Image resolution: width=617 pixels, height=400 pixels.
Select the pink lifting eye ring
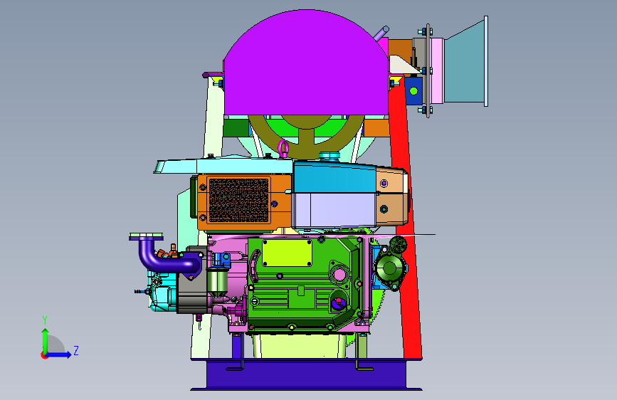(283, 148)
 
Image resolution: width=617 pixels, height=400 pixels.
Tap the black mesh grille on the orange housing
(239, 200)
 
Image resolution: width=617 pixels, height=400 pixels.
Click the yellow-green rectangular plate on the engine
(287, 253)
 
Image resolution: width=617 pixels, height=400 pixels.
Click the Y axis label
(45, 320)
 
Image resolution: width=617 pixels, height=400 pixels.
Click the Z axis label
(76, 351)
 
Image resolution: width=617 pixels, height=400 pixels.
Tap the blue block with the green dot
(413, 91)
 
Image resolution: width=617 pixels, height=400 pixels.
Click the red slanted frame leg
(406, 221)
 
